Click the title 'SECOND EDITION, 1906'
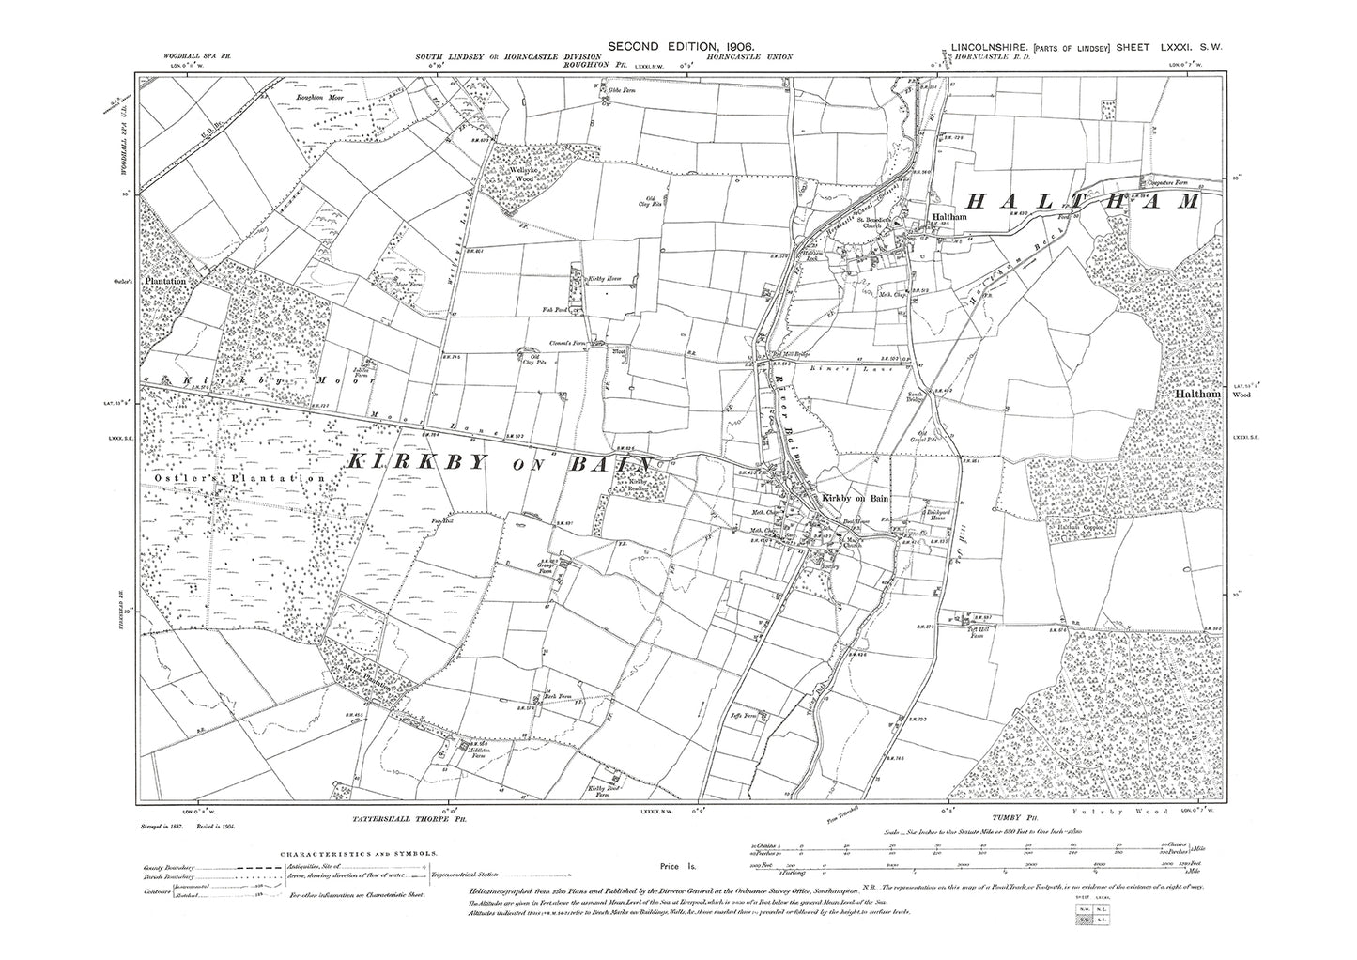click(681, 46)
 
